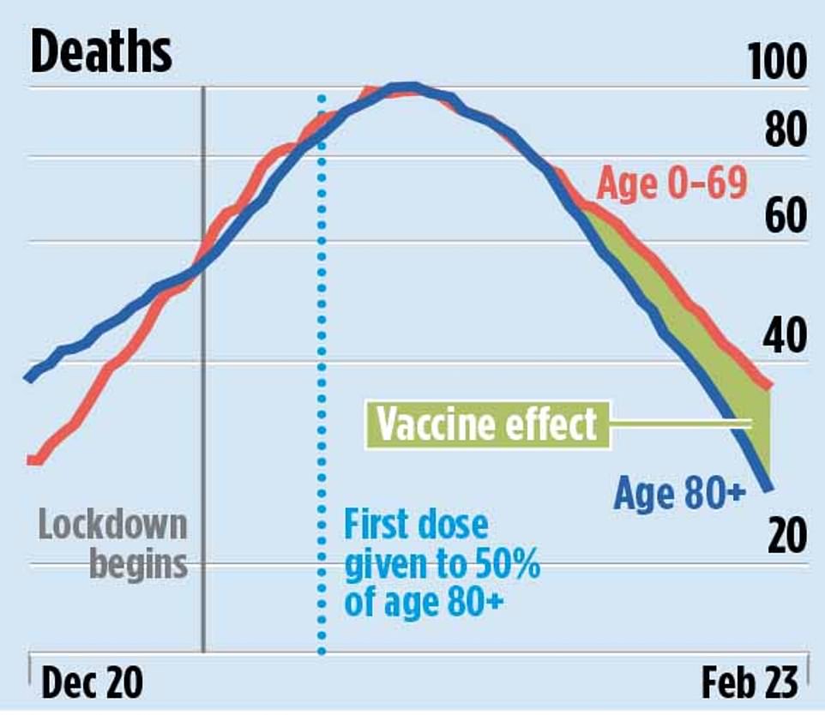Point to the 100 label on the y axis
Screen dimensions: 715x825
coord(777,63)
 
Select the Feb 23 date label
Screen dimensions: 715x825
coord(750,683)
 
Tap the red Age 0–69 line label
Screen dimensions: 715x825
coord(671,183)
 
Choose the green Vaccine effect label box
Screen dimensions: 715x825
coord(487,424)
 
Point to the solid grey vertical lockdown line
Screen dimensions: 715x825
coord(203,429)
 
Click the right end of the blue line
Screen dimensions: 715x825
coord(769,488)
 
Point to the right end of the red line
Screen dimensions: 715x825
coord(769,387)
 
